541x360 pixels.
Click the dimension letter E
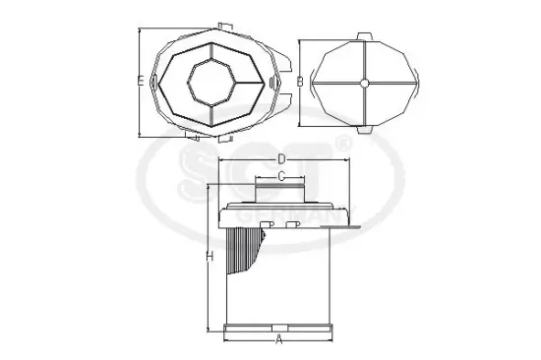[141, 79]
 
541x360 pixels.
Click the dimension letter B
[299, 82]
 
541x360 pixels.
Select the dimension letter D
[281, 158]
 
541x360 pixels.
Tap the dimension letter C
[281, 176]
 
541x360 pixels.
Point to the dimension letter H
[209, 256]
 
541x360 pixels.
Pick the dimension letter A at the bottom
[279, 339]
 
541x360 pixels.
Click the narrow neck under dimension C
[281, 192]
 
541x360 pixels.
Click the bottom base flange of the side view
[279, 327]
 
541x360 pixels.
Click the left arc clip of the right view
[314, 84]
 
